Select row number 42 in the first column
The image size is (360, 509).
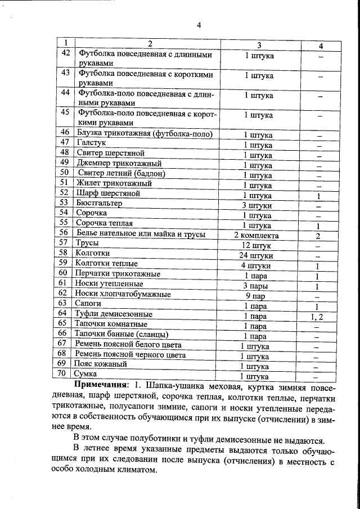pyautogui.click(x=65, y=54)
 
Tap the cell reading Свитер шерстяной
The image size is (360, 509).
pyautogui.click(x=112, y=153)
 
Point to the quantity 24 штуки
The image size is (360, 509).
pyautogui.click(x=258, y=255)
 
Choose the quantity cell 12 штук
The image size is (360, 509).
pyautogui.click(x=258, y=245)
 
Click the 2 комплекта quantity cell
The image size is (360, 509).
pyautogui.click(x=256, y=235)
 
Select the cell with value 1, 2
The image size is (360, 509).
pyautogui.click(x=318, y=317)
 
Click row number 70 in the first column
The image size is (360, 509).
pyautogui.click(x=65, y=373)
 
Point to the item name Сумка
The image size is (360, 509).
pyautogui.click(x=88, y=374)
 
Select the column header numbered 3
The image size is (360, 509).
pyautogui.click(x=258, y=44)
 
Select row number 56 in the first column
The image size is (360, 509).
pyautogui.click(x=65, y=233)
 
